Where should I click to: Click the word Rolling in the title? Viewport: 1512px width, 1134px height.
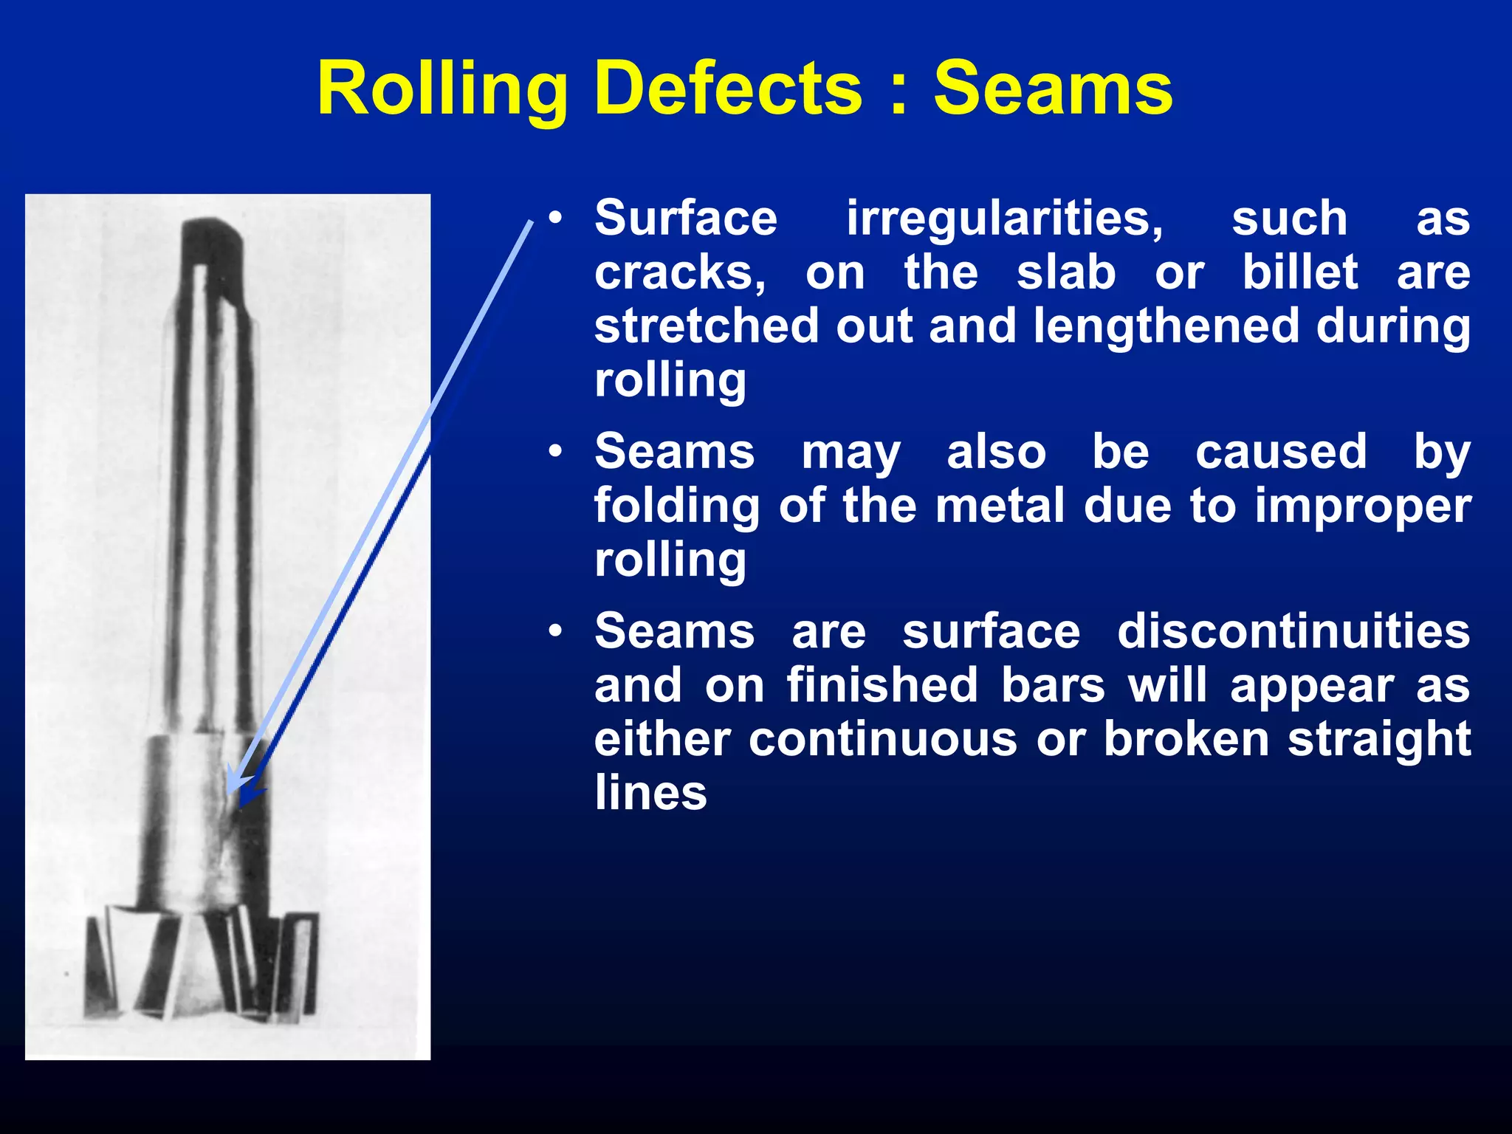[x=441, y=90]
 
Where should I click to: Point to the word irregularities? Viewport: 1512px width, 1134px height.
[x=1005, y=219]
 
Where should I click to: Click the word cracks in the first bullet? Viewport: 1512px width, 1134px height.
[x=680, y=273]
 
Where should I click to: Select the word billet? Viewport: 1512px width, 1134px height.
[x=1299, y=272]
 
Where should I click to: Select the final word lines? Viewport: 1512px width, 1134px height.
[x=650, y=793]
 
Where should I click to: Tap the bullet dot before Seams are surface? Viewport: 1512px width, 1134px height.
[x=556, y=632]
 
